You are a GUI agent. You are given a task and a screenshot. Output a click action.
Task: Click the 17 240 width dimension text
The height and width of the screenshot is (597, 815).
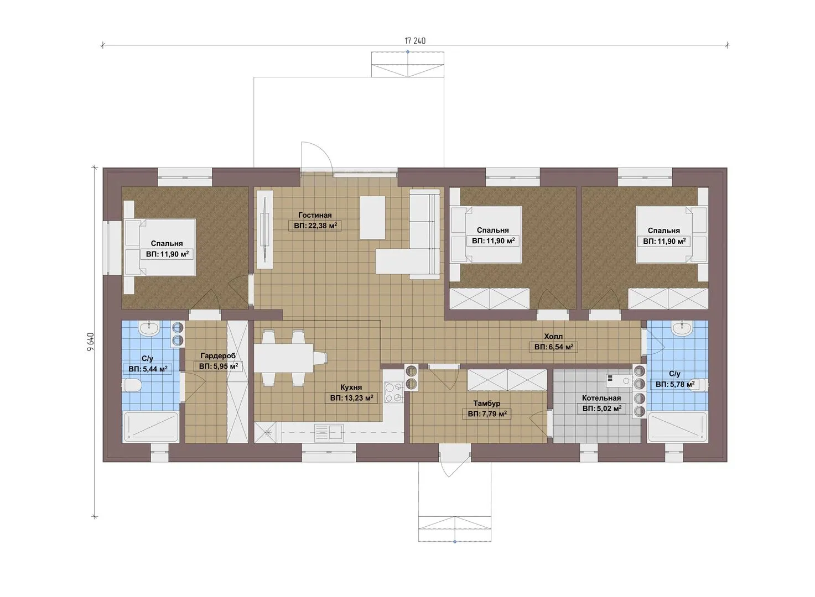click(x=415, y=41)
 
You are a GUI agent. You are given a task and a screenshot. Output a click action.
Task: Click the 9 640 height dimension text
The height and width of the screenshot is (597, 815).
click(x=91, y=342)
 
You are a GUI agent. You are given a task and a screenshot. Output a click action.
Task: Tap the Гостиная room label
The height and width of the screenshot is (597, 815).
click(x=315, y=215)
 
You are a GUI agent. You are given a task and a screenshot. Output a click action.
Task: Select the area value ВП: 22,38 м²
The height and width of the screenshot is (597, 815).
click(x=315, y=226)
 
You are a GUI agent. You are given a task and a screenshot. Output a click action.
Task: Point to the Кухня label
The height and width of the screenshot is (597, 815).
click(x=351, y=387)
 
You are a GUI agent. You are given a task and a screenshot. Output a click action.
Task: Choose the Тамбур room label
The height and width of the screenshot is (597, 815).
click(x=486, y=403)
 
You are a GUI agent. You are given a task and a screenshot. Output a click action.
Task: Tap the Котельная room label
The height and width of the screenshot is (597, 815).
click(x=601, y=398)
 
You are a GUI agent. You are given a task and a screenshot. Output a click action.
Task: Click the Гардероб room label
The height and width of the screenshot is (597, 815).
click(x=218, y=355)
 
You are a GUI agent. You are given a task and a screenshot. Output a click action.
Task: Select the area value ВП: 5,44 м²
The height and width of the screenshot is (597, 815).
click(x=148, y=369)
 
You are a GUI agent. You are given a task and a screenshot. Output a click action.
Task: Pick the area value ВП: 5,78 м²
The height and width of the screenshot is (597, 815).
click(x=675, y=384)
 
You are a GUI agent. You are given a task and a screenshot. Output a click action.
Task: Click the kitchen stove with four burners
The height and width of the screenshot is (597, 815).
click(x=394, y=392)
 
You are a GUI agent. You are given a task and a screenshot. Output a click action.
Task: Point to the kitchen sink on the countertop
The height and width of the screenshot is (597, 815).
click(x=329, y=433)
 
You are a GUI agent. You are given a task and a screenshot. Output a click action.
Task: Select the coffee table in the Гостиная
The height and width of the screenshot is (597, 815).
click(x=372, y=217)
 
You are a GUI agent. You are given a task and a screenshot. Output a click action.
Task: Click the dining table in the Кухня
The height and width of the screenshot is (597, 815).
click(x=283, y=358)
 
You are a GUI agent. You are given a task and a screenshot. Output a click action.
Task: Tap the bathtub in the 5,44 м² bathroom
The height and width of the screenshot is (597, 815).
click(x=150, y=427)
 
